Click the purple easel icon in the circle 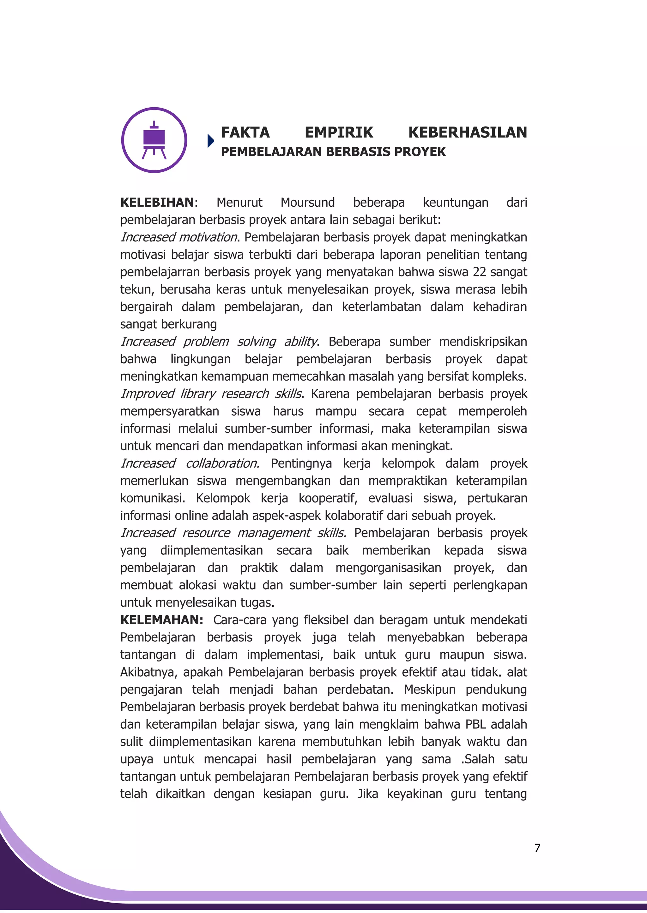(x=154, y=140)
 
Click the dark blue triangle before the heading (x=211, y=141)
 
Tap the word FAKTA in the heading (x=245, y=133)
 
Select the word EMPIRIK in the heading (x=339, y=133)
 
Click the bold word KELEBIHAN (x=157, y=202)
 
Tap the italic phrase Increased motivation (x=179, y=237)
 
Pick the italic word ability (x=300, y=341)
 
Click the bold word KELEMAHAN (x=161, y=620)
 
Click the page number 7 (x=537, y=848)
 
